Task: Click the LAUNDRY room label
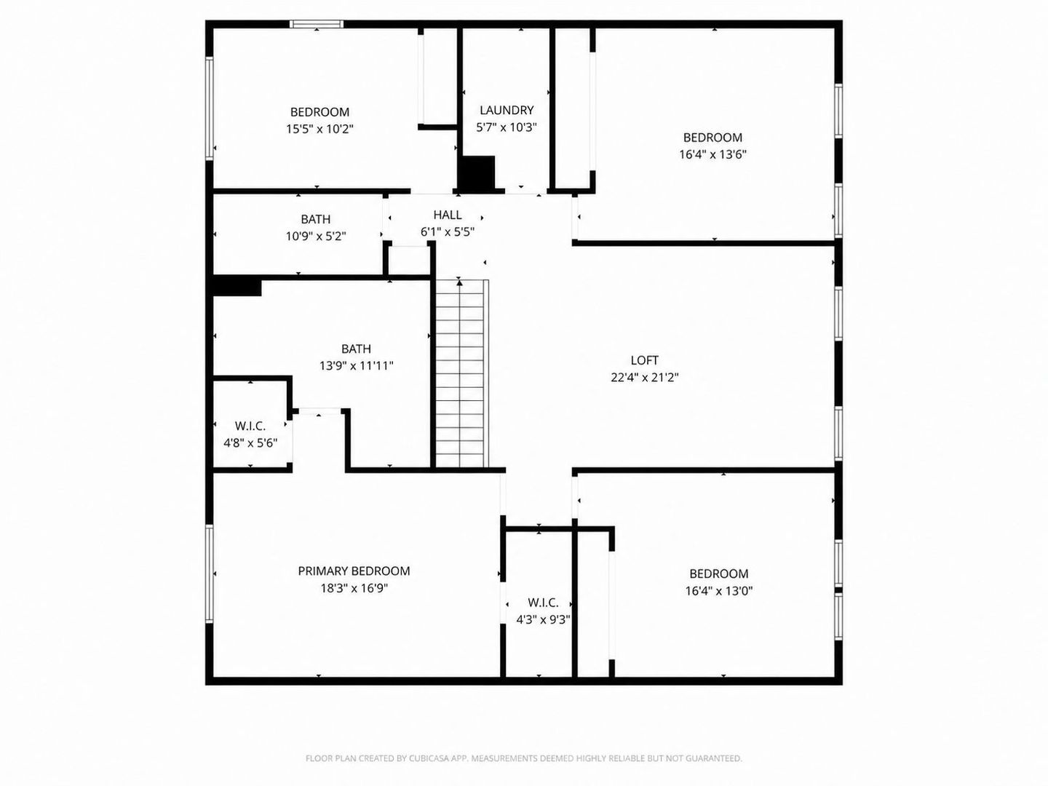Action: click(x=507, y=110)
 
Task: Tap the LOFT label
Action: click(x=645, y=360)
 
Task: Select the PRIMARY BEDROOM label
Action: click(x=354, y=571)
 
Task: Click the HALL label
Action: click(x=448, y=215)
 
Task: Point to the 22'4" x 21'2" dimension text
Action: click(x=645, y=378)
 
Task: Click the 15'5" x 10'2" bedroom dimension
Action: click(x=319, y=129)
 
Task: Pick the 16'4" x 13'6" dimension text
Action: click(x=712, y=154)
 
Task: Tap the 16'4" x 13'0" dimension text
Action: click(x=719, y=591)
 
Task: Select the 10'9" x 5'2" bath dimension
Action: click(x=316, y=237)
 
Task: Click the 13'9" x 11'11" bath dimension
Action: click(x=356, y=366)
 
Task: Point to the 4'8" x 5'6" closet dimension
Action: click(x=250, y=443)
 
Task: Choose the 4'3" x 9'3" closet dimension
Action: click(x=544, y=619)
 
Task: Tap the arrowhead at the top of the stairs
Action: click(x=459, y=282)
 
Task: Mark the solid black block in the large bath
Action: click(x=237, y=287)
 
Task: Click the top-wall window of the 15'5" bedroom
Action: click(x=317, y=24)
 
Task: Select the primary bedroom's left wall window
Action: click(x=209, y=573)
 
